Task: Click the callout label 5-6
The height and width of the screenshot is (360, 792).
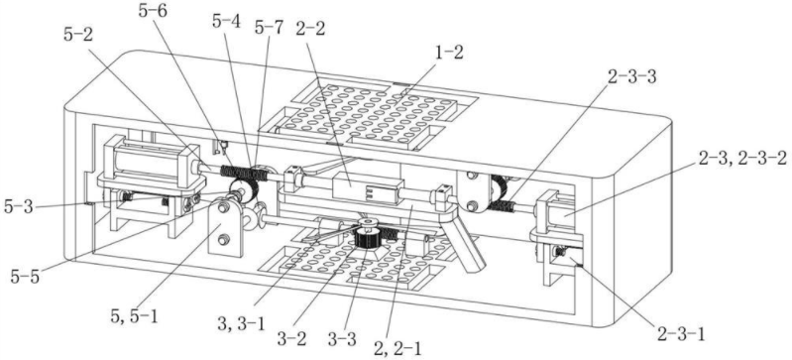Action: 155,11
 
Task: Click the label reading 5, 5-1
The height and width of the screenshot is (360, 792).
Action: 133,316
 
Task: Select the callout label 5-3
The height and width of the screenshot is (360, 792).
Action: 20,205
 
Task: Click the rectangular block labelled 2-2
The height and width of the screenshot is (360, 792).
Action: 367,189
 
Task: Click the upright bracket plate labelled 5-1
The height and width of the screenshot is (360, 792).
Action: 226,227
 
